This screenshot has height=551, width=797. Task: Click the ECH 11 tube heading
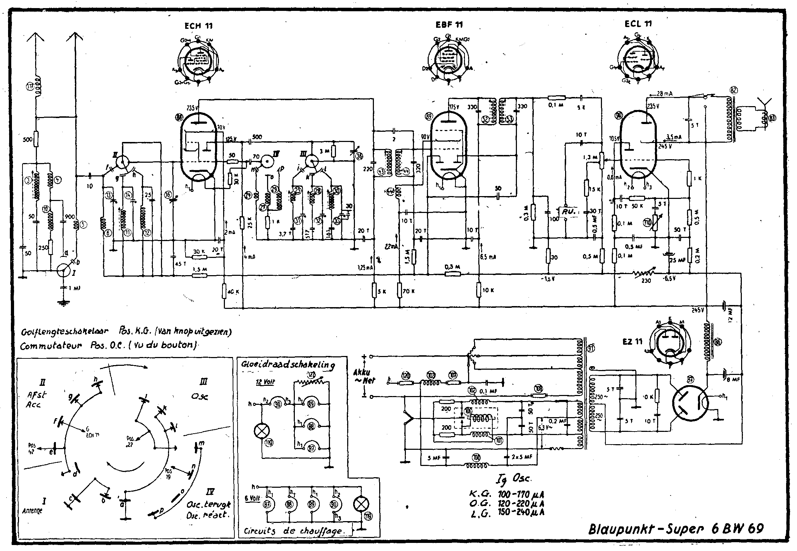tap(198, 26)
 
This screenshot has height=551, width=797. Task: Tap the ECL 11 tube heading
tap(638, 24)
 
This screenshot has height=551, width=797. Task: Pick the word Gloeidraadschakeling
tap(288, 365)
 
